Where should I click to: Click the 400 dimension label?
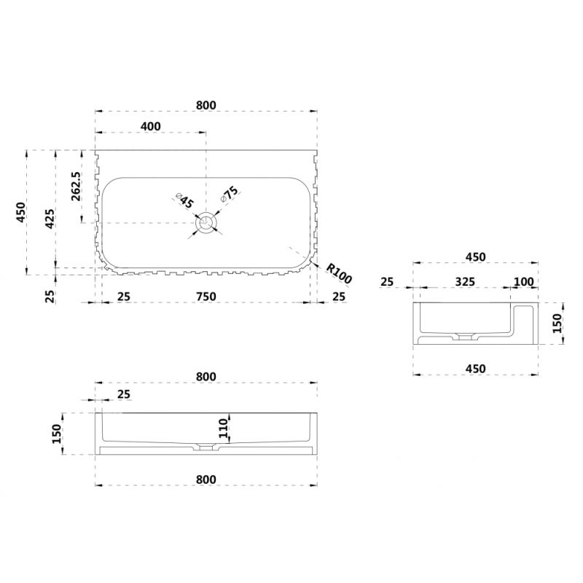151,126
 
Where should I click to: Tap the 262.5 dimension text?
76,187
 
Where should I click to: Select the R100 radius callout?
338,273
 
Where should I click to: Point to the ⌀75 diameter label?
229,194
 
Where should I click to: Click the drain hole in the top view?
206,223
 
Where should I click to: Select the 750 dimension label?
206,297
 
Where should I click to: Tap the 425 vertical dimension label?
50,219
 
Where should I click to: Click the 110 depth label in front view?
223,428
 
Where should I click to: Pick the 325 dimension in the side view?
465,281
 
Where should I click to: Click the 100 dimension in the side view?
523,281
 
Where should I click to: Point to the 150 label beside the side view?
557,323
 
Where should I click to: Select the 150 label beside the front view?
57,434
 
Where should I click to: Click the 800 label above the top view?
206,105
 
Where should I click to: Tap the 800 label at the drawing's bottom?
206,480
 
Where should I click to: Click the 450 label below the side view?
476,369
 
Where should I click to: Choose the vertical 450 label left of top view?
21,212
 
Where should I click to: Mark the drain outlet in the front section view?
206,447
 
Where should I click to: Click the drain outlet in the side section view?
463,337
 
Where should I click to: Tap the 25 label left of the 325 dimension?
387,281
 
